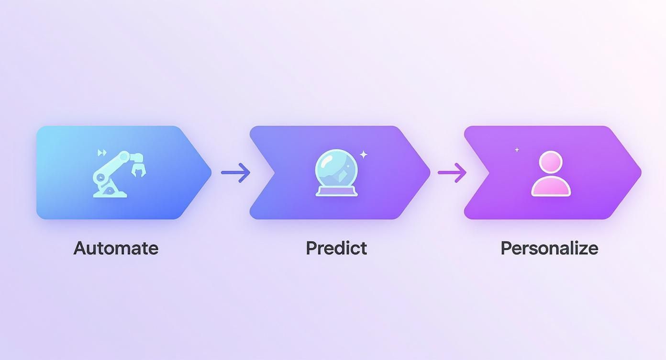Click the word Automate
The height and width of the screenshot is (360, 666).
tap(116, 248)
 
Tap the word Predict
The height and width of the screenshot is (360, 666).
tap(336, 248)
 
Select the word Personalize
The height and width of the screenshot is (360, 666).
tap(549, 248)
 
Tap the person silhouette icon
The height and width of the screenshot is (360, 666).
tap(551, 173)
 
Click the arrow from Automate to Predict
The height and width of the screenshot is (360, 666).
tap(235, 172)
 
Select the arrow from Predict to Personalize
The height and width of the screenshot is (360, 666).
tap(452, 172)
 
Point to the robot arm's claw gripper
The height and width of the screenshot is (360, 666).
tap(138, 169)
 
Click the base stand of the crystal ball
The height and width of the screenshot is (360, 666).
tap(336, 191)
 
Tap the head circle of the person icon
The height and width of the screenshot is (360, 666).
tap(551, 162)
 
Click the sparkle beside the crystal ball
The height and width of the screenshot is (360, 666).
tap(364, 154)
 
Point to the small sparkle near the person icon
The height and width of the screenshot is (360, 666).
tap(517, 150)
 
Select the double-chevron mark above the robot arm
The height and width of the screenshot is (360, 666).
tap(101, 153)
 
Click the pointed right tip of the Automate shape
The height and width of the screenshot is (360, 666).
tap(209, 172)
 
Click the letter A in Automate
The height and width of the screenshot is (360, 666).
tap(80, 248)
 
